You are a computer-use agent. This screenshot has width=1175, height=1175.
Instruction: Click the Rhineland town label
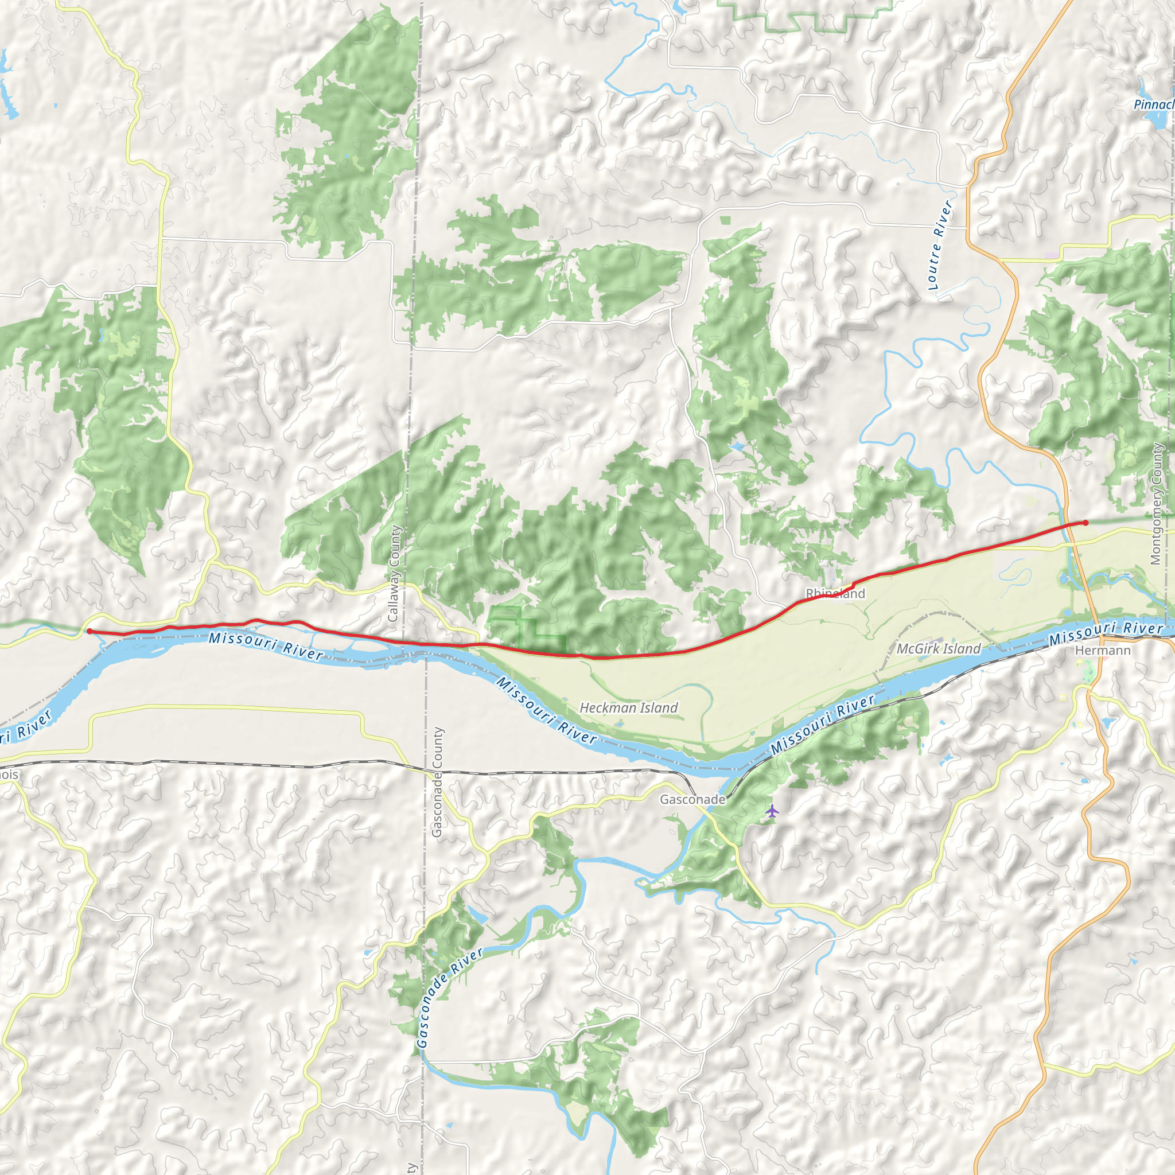point(835,594)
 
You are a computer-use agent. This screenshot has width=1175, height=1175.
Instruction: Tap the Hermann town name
point(1103,651)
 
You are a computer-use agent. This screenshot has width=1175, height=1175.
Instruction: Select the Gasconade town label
point(692,799)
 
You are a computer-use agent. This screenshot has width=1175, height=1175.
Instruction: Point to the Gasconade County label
point(437,782)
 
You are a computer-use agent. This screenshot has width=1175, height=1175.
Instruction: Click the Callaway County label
point(394,574)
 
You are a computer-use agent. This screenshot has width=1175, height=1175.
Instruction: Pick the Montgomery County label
point(1157,504)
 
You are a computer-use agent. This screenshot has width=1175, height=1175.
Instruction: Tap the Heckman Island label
point(628,708)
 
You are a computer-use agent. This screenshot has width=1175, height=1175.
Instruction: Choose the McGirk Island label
point(939,649)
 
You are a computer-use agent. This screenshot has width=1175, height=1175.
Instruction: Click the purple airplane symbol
point(772,811)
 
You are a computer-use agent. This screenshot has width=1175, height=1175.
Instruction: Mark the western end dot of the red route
point(90,631)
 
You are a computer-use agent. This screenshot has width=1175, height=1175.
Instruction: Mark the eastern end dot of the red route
point(1085,523)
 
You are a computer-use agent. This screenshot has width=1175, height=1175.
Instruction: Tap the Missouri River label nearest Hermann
point(1106,632)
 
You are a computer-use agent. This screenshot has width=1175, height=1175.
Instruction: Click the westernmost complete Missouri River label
point(266,646)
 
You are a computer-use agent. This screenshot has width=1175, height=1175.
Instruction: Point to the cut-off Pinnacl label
point(1154,104)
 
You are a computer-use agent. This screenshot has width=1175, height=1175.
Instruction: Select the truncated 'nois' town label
point(9,775)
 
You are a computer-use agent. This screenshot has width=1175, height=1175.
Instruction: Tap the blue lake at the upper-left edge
point(7,91)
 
